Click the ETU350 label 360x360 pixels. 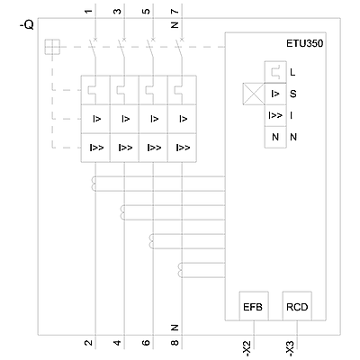click(x=304, y=43)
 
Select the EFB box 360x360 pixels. click(x=254, y=306)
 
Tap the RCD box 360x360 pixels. click(x=297, y=306)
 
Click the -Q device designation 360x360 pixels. click(x=27, y=26)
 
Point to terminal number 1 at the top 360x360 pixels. click(x=88, y=12)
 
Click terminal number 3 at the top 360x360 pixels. click(x=118, y=12)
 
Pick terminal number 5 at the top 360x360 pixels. click(x=147, y=12)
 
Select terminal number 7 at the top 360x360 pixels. click(x=175, y=12)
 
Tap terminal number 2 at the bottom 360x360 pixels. click(x=88, y=342)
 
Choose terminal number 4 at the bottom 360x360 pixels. click(x=118, y=342)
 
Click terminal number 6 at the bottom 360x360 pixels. click(x=147, y=342)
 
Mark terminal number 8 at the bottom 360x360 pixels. click(x=175, y=342)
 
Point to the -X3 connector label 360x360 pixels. click(x=292, y=349)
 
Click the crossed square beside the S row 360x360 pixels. click(x=253, y=94)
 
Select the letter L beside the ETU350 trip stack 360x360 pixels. click(x=292, y=72)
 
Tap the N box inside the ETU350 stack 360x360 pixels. click(x=275, y=137)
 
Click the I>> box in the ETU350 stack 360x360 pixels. click(x=275, y=115)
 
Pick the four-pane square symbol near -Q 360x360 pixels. click(x=52, y=47)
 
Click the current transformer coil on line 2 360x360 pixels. click(x=94, y=184)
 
